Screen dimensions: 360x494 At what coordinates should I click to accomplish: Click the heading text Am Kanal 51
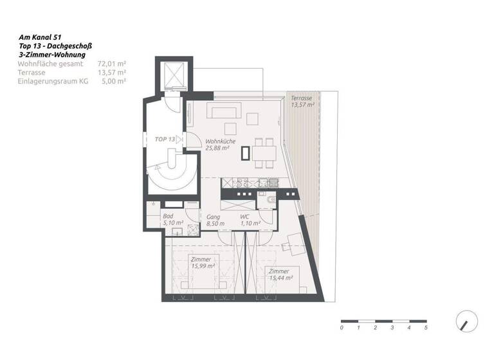(41, 38)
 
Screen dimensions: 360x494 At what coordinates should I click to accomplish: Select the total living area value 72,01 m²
(111, 64)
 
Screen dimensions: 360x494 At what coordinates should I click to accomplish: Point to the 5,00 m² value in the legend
(113, 82)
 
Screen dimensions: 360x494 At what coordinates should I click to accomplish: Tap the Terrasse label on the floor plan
(302, 98)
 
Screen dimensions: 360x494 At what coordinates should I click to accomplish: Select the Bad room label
(168, 217)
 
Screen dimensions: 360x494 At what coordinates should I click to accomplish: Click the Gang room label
(214, 217)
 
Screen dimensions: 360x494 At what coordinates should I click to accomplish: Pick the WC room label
(245, 217)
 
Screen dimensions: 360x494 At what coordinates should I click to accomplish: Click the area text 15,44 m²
(280, 278)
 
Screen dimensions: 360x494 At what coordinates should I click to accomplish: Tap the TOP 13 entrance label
(165, 139)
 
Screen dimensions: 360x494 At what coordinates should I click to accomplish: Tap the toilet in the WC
(269, 202)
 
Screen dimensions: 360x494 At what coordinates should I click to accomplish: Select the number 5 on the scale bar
(426, 328)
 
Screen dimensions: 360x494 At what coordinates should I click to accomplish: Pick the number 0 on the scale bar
(342, 328)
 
